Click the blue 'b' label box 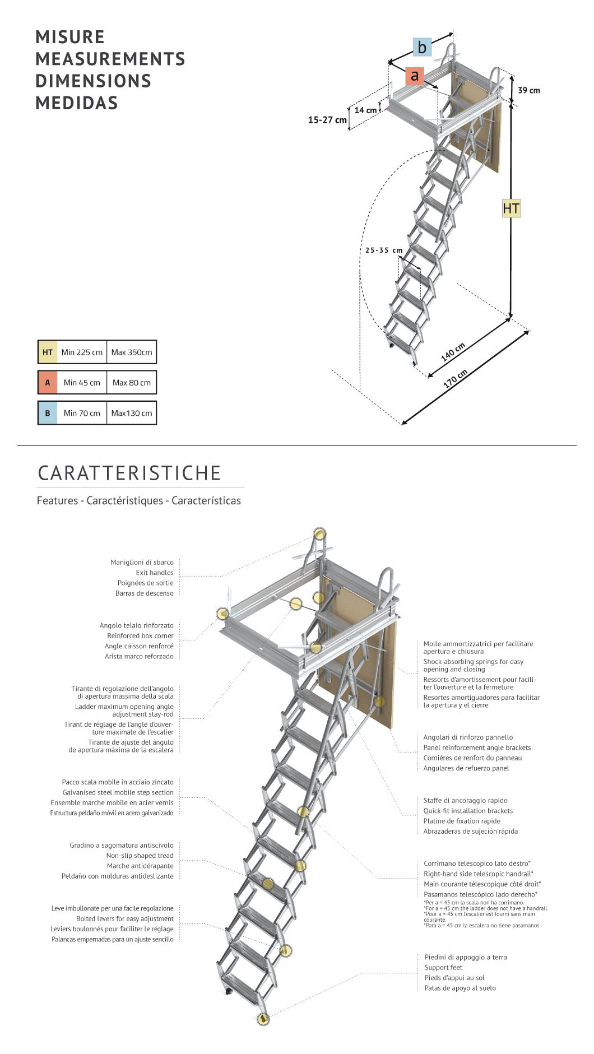tap(422, 47)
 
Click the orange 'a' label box tap(415, 75)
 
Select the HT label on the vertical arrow tap(511, 209)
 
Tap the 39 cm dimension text tap(528, 90)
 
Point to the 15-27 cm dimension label tap(327, 120)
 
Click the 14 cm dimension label tap(365, 110)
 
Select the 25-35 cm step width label tap(384, 250)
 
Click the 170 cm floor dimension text tap(455, 379)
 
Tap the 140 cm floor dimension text tap(453, 352)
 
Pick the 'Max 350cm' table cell tap(131, 352)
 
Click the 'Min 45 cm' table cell tap(82, 383)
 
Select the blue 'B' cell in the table tap(48, 413)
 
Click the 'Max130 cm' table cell tap(131, 413)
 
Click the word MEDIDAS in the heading tap(77, 103)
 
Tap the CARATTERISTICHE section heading tap(129, 473)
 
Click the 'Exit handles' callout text tap(154, 573)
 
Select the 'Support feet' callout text tap(443, 967)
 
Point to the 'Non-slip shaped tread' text tap(140, 856)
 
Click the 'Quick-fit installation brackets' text tap(468, 811)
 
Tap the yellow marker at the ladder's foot tap(263, 1018)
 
